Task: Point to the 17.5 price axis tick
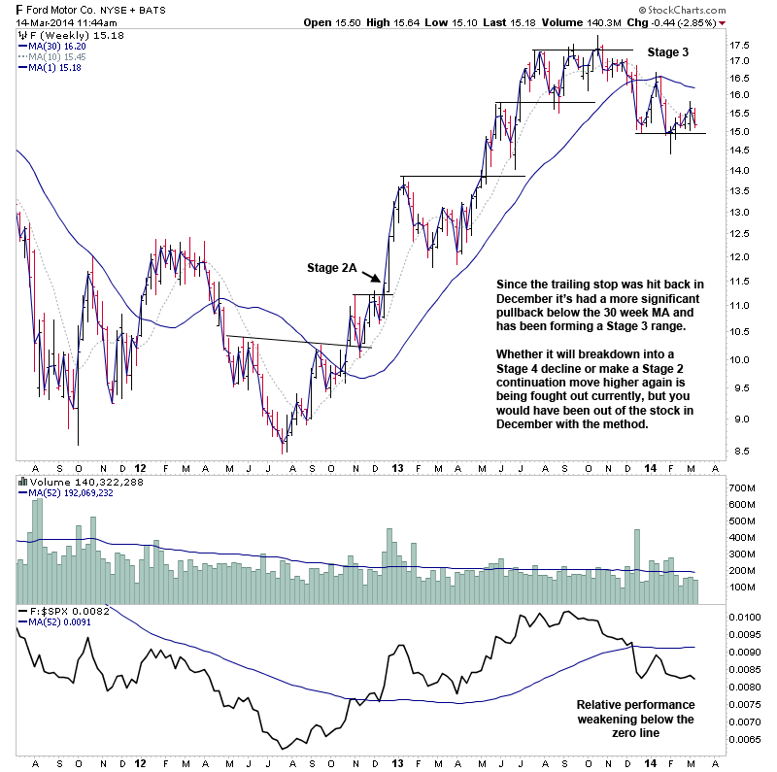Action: [741, 45]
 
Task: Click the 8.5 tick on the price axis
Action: [741, 451]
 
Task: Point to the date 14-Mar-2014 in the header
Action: [46, 21]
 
